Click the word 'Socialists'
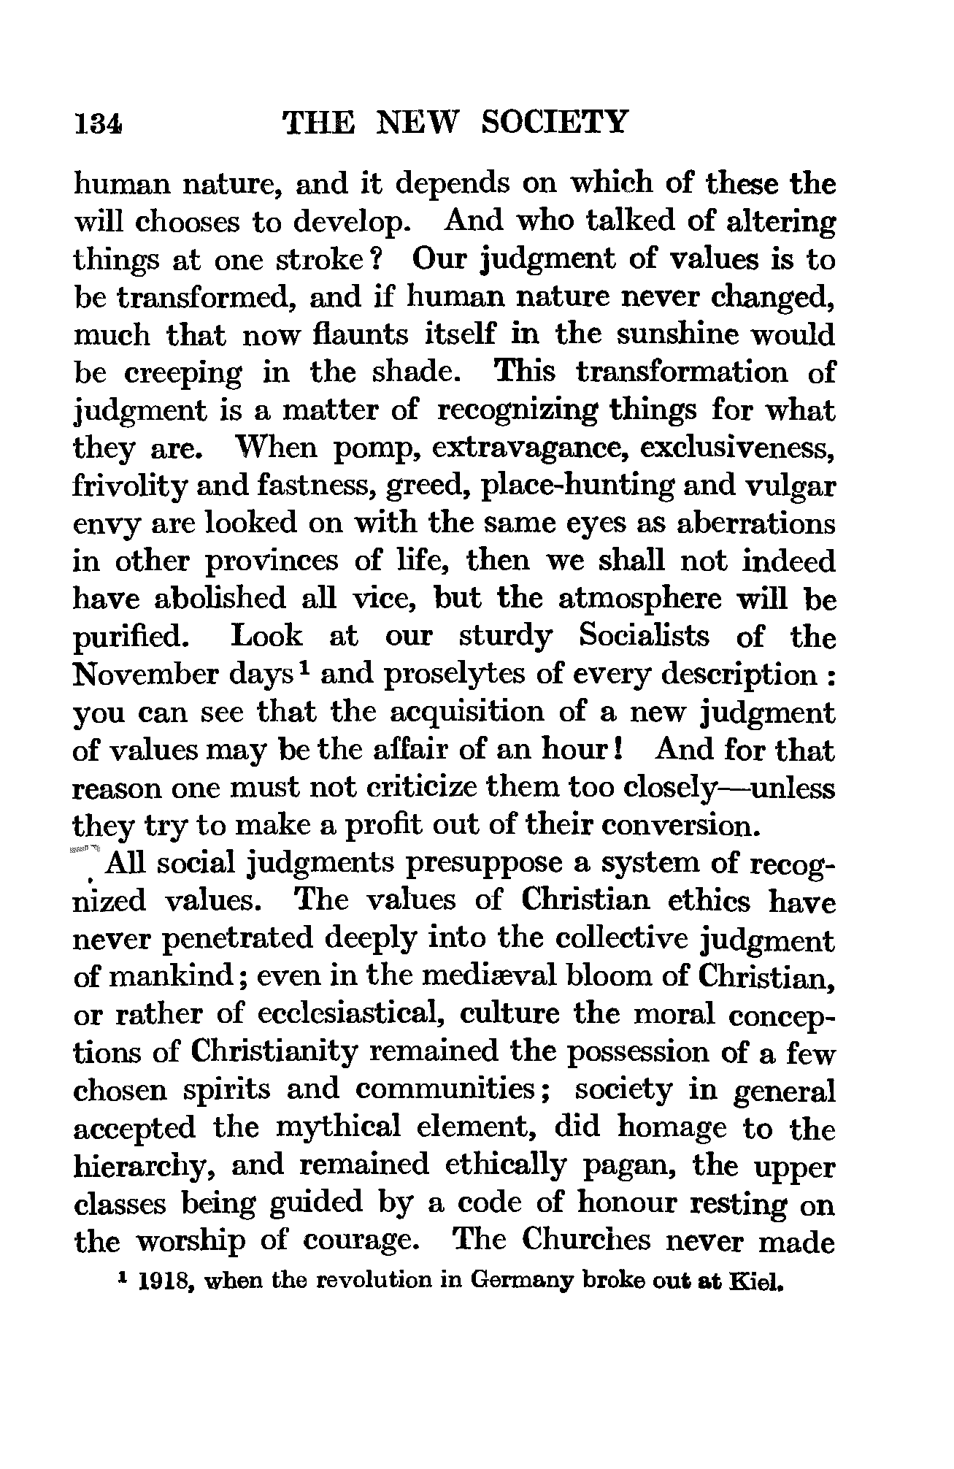point(643,637)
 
